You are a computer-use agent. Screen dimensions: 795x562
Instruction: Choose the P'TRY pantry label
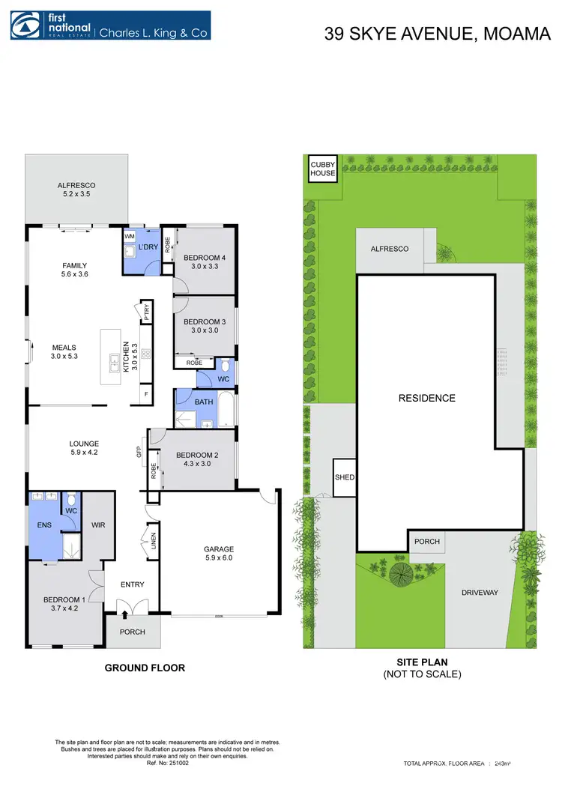[x=147, y=311]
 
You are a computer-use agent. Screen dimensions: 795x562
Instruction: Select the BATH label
[x=204, y=402]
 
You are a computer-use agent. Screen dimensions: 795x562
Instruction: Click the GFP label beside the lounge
[x=139, y=452]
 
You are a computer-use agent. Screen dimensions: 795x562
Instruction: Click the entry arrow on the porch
[x=125, y=616]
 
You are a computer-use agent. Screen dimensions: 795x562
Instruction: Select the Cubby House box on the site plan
[x=323, y=168]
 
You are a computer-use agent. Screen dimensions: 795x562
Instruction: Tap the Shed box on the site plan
[x=345, y=477]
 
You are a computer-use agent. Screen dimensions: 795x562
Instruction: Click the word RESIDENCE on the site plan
[x=426, y=398]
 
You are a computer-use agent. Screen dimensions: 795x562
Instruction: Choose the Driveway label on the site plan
[x=480, y=592]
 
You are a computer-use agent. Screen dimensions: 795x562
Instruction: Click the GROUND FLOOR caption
[x=145, y=668]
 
